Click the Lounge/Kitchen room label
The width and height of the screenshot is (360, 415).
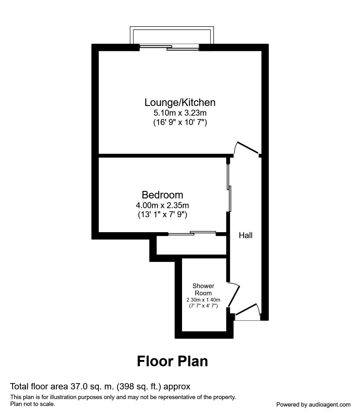pyautogui.click(x=180, y=102)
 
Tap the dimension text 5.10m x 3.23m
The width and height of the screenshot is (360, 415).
pyautogui.click(x=180, y=112)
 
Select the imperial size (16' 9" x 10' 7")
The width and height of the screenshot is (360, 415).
pyautogui.click(x=180, y=122)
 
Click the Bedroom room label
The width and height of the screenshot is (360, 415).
pyautogui.click(x=162, y=195)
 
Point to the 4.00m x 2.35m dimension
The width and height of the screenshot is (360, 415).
pyautogui.click(x=162, y=205)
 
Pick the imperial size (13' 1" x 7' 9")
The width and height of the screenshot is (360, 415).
pyautogui.click(x=162, y=215)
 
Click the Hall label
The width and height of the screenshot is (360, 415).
pyautogui.click(x=246, y=235)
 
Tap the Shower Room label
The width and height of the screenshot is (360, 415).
pyautogui.click(x=203, y=289)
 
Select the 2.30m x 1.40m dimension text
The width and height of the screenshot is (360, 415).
pyautogui.click(x=203, y=300)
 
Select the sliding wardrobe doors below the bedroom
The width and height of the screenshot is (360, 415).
pyautogui.click(x=192, y=233)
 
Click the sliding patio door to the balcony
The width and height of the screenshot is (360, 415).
pyautogui.click(x=169, y=47)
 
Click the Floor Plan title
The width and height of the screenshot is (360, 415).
pyautogui.click(x=172, y=361)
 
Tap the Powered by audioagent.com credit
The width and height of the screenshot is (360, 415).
pyautogui.click(x=313, y=404)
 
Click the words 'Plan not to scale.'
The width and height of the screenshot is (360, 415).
pyautogui.click(x=33, y=404)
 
